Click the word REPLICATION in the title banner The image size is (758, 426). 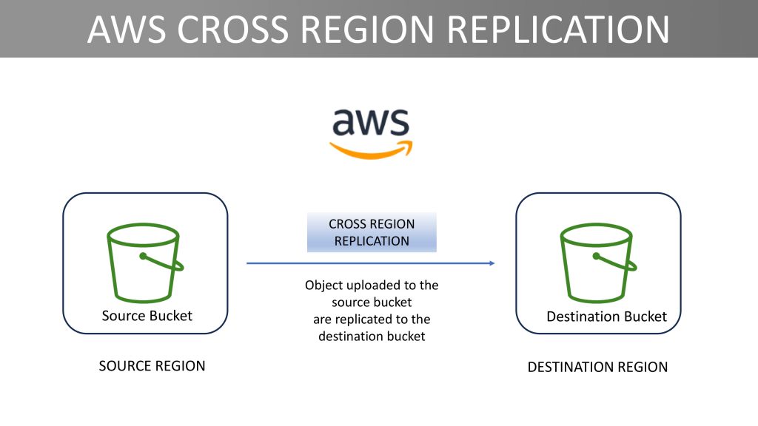(x=558, y=30)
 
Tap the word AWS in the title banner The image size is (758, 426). (x=127, y=30)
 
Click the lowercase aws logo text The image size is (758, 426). (x=371, y=122)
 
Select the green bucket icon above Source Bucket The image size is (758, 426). (x=144, y=263)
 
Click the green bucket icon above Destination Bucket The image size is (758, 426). (x=598, y=263)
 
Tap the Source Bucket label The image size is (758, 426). (x=147, y=316)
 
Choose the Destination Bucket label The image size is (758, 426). (x=607, y=317)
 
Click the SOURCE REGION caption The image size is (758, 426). (x=152, y=366)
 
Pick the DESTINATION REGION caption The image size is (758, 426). (x=597, y=367)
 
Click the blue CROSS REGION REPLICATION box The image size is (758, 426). (x=372, y=232)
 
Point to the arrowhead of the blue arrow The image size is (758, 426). (x=492, y=263)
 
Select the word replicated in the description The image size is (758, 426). (x=372, y=319)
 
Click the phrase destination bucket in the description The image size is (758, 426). (x=372, y=337)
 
